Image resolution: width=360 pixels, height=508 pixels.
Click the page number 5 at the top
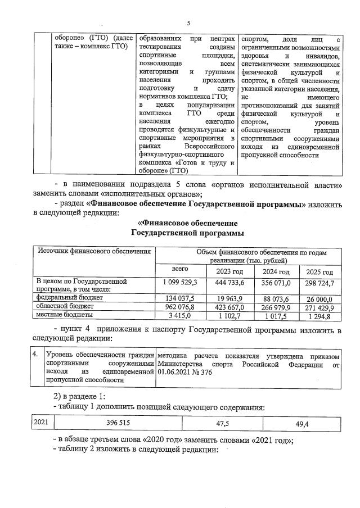click(188, 23)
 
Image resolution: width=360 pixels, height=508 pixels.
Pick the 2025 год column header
click(319, 272)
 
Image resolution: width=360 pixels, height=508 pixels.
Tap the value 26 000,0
click(319, 299)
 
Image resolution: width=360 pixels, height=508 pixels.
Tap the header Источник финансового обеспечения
click(94, 251)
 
